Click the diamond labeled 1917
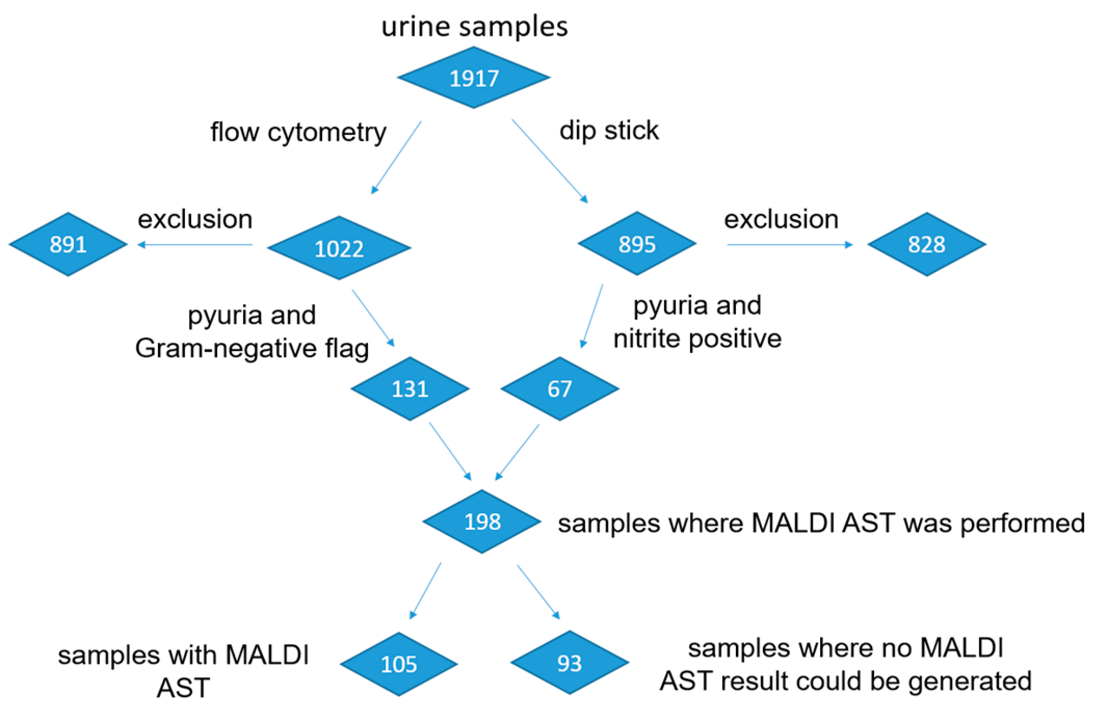tap(473, 78)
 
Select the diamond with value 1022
tap(339, 248)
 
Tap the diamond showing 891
tap(68, 244)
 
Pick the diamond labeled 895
tap(637, 244)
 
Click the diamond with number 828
tap(926, 244)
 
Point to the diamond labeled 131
tap(410, 389)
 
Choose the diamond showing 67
tap(559, 389)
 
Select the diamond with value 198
tap(482, 521)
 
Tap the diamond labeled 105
tap(399, 664)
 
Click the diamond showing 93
tap(569, 663)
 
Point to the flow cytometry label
tap(298, 132)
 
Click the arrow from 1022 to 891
tap(195, 245)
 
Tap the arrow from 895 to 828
tap(789, 245)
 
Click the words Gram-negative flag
tap(252, 348)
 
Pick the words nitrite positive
tap(697, 339)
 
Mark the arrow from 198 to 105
tap(426, 591)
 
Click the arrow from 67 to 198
tap(518, 452)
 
